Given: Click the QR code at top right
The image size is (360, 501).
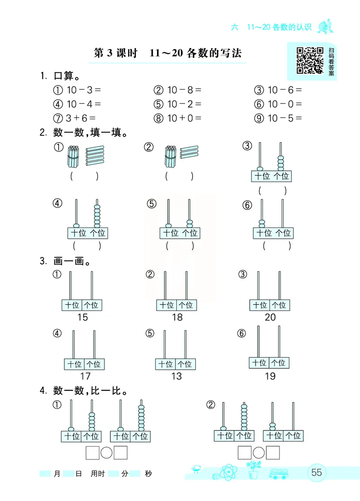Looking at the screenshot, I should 310,60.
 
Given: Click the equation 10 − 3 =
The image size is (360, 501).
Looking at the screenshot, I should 84,90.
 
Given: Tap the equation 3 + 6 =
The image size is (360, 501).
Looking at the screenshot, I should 81,118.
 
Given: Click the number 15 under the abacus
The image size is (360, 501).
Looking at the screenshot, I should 82,318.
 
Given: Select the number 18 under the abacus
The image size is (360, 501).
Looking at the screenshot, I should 177,318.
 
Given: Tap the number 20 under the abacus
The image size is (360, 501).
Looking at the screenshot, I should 270,318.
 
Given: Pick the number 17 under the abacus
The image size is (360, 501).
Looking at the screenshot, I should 85,376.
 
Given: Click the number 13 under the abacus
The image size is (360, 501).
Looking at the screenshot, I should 176,376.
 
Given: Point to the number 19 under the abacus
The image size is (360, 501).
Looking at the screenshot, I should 270,376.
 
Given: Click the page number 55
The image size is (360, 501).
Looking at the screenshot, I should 316,473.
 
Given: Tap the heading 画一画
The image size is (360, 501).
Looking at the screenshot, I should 72,261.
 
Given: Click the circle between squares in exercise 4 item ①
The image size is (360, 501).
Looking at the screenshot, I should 106,453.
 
